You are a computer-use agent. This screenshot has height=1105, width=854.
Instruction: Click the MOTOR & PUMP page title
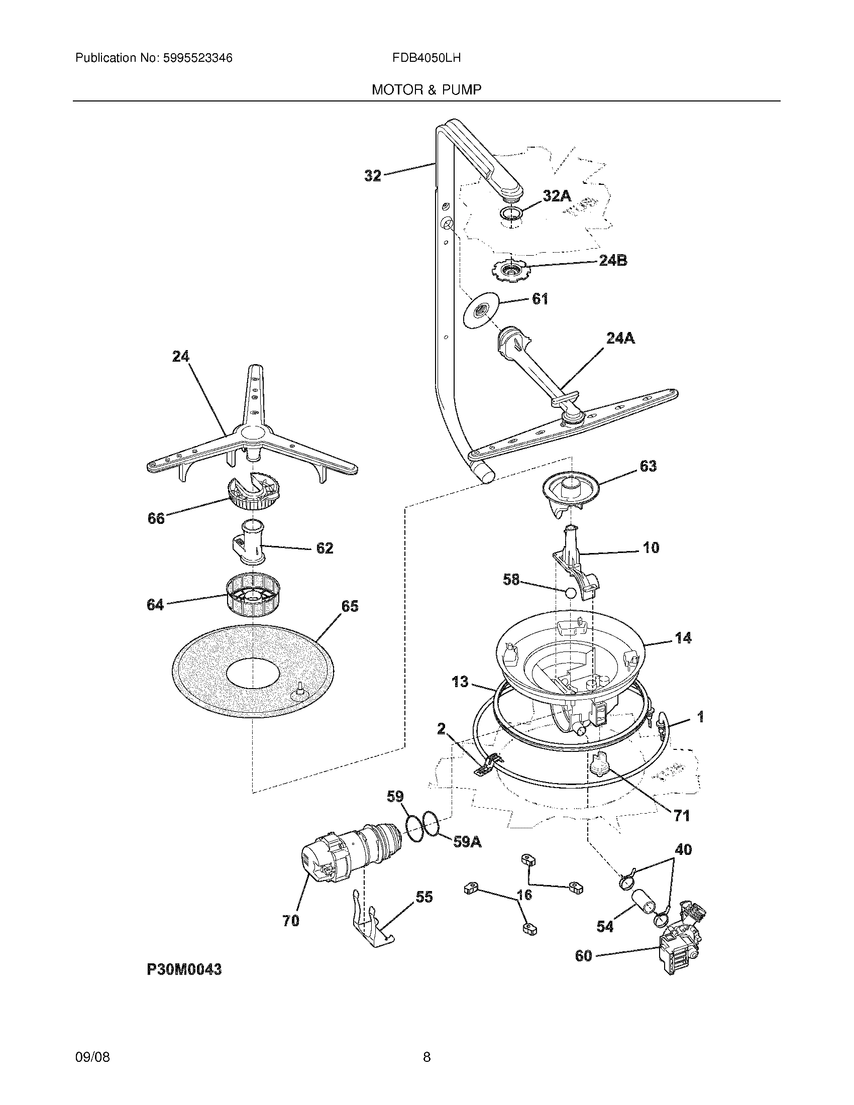click(x=426, y=90)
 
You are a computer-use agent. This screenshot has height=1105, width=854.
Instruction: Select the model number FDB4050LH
click(x=426, y=58)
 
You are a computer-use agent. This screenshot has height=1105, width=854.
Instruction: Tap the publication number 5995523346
click(x=197, y=58)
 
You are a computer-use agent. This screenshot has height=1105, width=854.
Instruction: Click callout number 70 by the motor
click(x=290, y=921)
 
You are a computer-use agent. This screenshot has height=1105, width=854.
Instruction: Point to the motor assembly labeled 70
click(x=349, y=855)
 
